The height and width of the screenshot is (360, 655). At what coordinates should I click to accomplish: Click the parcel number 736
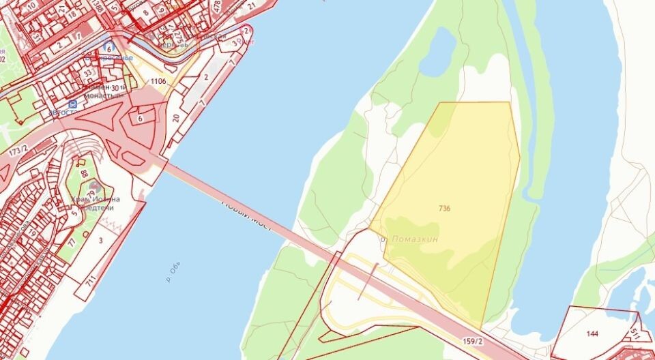(445, 207)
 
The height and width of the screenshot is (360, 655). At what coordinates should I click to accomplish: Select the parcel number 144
(592, 334)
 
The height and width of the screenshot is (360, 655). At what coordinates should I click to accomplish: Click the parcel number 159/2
(472, 341)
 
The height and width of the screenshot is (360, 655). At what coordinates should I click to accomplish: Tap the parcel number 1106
(158, 81)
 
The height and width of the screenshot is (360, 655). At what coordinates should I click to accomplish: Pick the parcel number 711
(90, 280)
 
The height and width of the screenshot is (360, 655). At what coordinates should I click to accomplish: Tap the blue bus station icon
(72, 104)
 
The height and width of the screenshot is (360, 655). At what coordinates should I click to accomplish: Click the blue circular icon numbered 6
(108, 47)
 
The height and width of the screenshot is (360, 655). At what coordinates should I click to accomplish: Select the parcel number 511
(635, 333)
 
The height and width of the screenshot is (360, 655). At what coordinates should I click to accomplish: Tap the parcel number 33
(87, 73)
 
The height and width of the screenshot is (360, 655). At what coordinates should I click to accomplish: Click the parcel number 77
(71, 241)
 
